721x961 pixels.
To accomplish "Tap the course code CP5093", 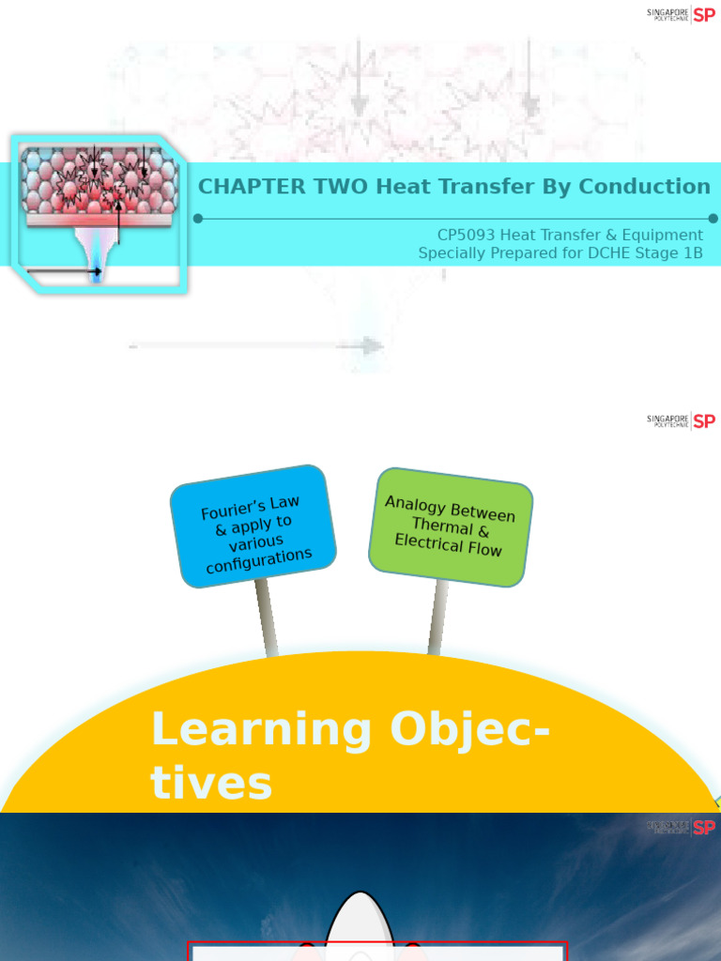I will click(467, 236).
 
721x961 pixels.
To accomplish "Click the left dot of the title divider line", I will click(198, 219).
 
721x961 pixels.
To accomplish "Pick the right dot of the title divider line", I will click(713, 219).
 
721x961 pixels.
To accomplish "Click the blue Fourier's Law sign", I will click(253, 526).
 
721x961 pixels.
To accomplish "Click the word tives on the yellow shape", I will click(211, 783).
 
